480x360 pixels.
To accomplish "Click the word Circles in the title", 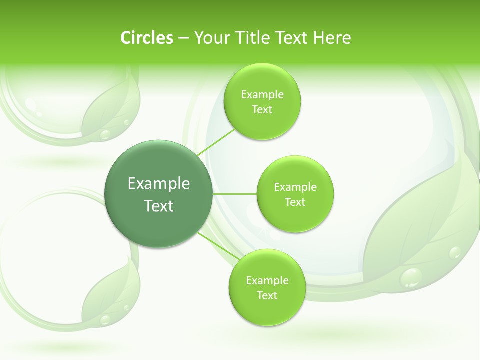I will click(147, 38).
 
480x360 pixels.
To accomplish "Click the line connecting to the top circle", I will click(216, 142).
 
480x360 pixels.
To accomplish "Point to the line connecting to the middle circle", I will click(235, 194).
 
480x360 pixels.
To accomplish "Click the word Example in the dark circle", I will click(159, 184).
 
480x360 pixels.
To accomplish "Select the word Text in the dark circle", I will click(159, 206).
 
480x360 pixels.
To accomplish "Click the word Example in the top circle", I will click(262, 95).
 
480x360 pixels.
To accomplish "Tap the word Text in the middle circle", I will click(295, 202).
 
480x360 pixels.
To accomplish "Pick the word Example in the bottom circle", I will click(267, 281).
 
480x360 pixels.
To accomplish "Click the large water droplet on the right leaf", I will click(412, 277).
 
